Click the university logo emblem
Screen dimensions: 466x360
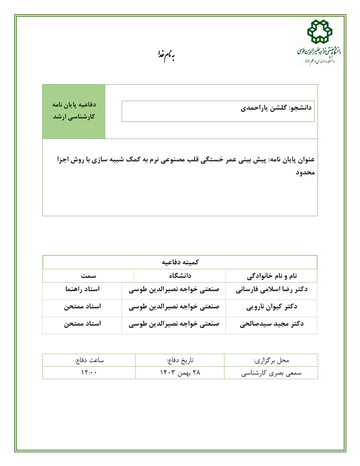pyautogui.click(x=320, y=32)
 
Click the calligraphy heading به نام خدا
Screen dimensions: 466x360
pyautogui.click(x=166, y=55)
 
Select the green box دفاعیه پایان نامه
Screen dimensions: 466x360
pyautogui.click(x=74, y=111)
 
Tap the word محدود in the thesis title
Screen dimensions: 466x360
pyautogui.click(x=305, y=172)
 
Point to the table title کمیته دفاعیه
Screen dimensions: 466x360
pyautogui.click(x=180, y=262)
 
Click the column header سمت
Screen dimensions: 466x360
pyautogui.click(x=88, y=276)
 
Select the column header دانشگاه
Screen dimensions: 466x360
pyautogui.click(x=180, y=276)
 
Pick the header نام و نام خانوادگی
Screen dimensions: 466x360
pyautogui.click(x=272, y=276)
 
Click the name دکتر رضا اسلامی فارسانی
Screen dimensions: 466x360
pyautogui.click(x=272, y=289)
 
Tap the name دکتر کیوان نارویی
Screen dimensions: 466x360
pyautogui.click(x=272, y=307)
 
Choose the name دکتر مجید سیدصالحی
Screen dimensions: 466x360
pyautogui.click(x=272, y=324)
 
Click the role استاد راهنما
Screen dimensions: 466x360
pyautogui.click(x=82, y=289)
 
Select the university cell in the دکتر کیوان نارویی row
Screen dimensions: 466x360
pyautogui.click(x=174, y=307)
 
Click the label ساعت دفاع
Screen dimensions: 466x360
pyautogui.click(x=89, y=360)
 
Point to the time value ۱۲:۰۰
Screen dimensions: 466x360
pyautogui.click(x=89, y=373)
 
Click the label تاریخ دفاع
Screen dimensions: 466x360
pyautogui.click(x=180, y=360)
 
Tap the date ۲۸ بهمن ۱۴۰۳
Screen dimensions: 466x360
pyautogui.click(x=180, y=373)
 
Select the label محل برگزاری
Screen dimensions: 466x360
pyautogui.click(x=271, y=360)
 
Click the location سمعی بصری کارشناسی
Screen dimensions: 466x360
pyautogui.click(x=271, y=373)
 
